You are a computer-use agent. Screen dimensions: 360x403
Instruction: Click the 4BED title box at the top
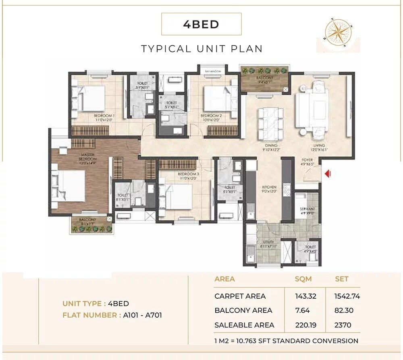click(201, 24)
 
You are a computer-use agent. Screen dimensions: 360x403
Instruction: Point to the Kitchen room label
click(269, 189)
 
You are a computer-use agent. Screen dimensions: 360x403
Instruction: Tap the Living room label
click(321, 148)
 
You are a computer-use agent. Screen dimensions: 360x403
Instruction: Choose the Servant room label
click(307, 211)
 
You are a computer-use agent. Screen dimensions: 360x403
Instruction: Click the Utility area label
click(268, 244)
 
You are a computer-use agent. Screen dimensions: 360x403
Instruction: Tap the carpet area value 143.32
click(305, 296)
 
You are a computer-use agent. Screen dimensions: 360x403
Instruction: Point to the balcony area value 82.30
click(344, 310)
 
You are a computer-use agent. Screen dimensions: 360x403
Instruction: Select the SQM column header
click(303, 279)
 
